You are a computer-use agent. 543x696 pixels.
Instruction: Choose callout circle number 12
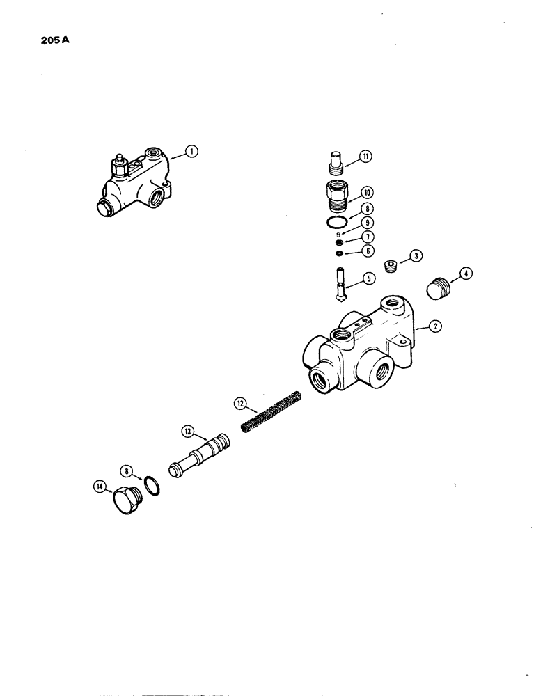click(x=239, y=403)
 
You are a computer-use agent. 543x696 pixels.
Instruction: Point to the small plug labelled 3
click(x=393, y=267)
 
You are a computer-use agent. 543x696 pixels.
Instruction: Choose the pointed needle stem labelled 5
click(x=339, y=287)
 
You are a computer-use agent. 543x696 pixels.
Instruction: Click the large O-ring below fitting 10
click(x=337, y=221)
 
